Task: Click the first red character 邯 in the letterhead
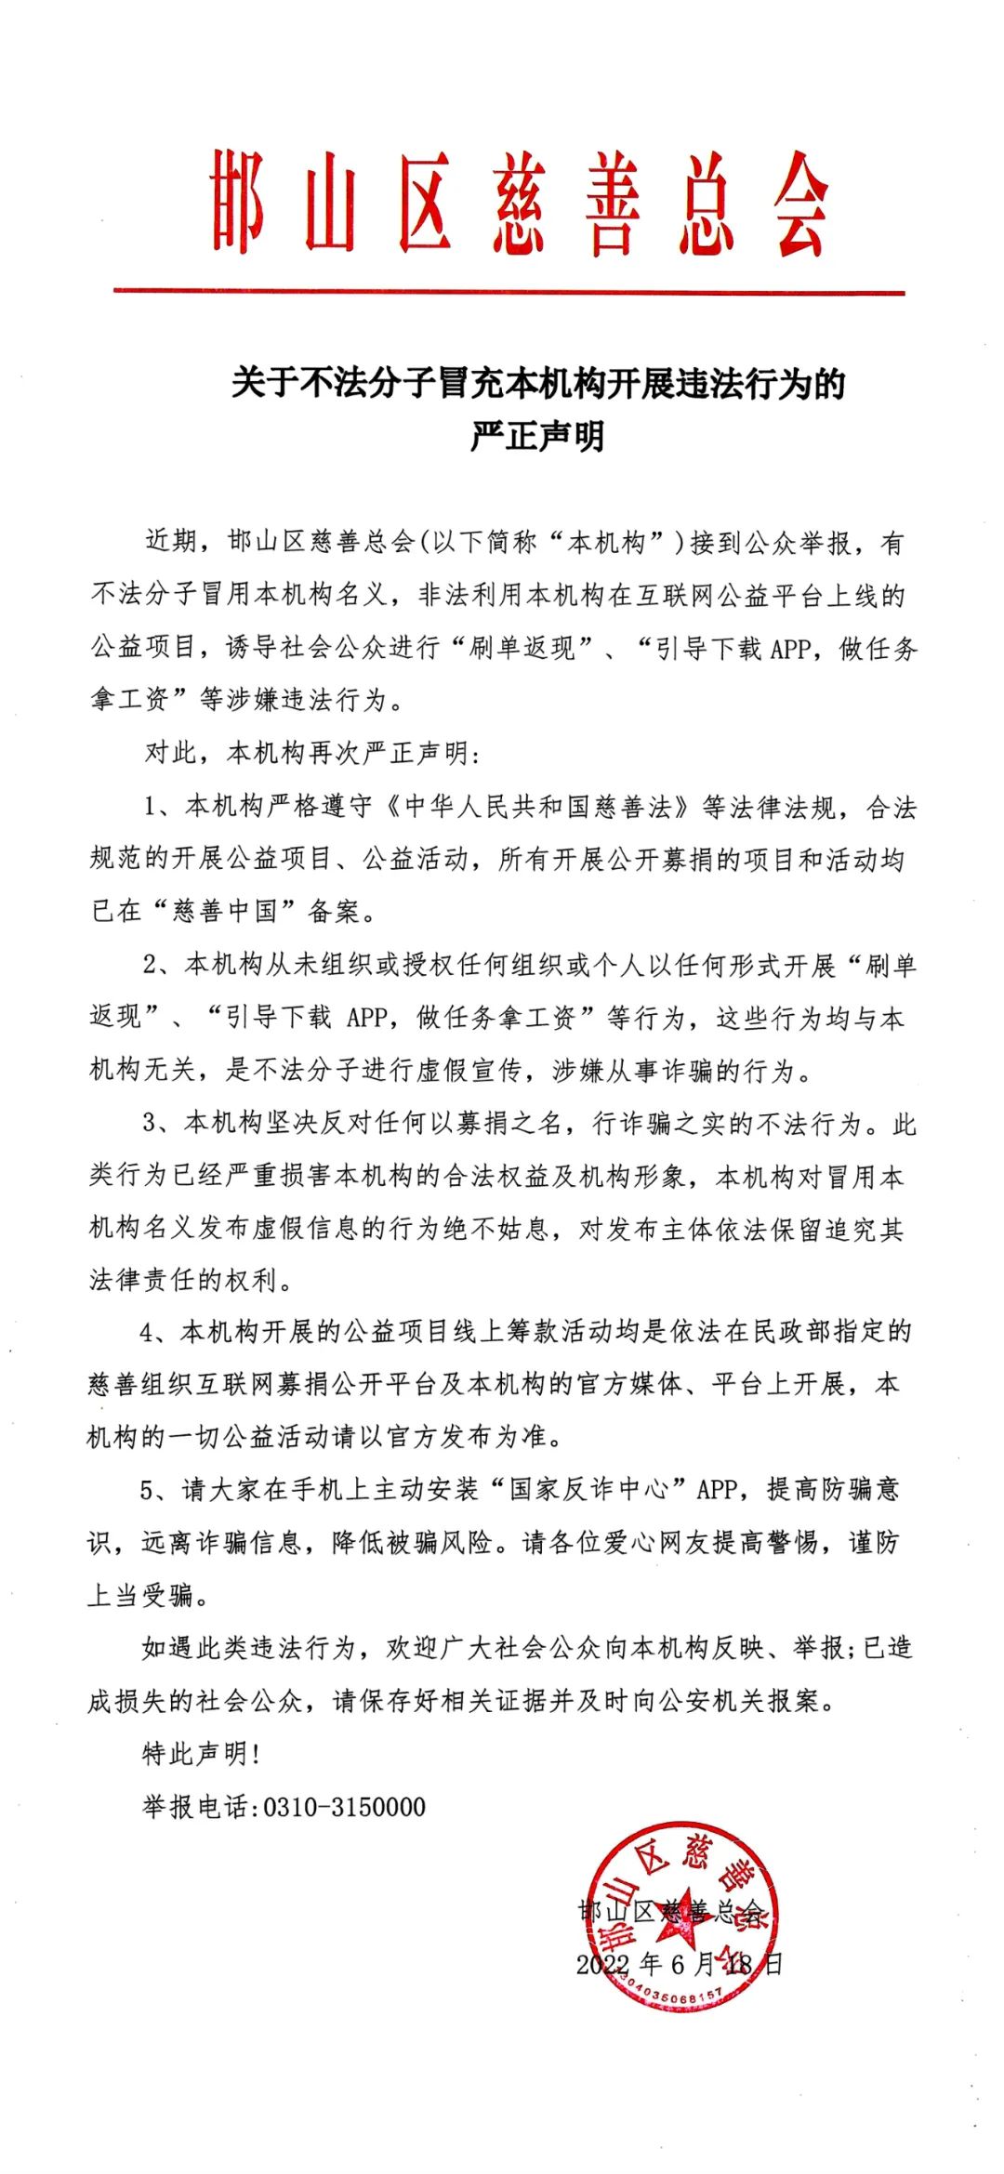click(237, 202)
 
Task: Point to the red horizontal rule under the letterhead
click(509, 292)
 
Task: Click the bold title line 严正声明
click(537, 435)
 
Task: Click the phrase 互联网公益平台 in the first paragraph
click(715, 596)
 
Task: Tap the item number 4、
click(154, 1333)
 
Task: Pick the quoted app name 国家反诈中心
click(588, 1490)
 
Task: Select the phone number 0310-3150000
click(345, 1807)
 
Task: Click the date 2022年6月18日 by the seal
click(679, 1965)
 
